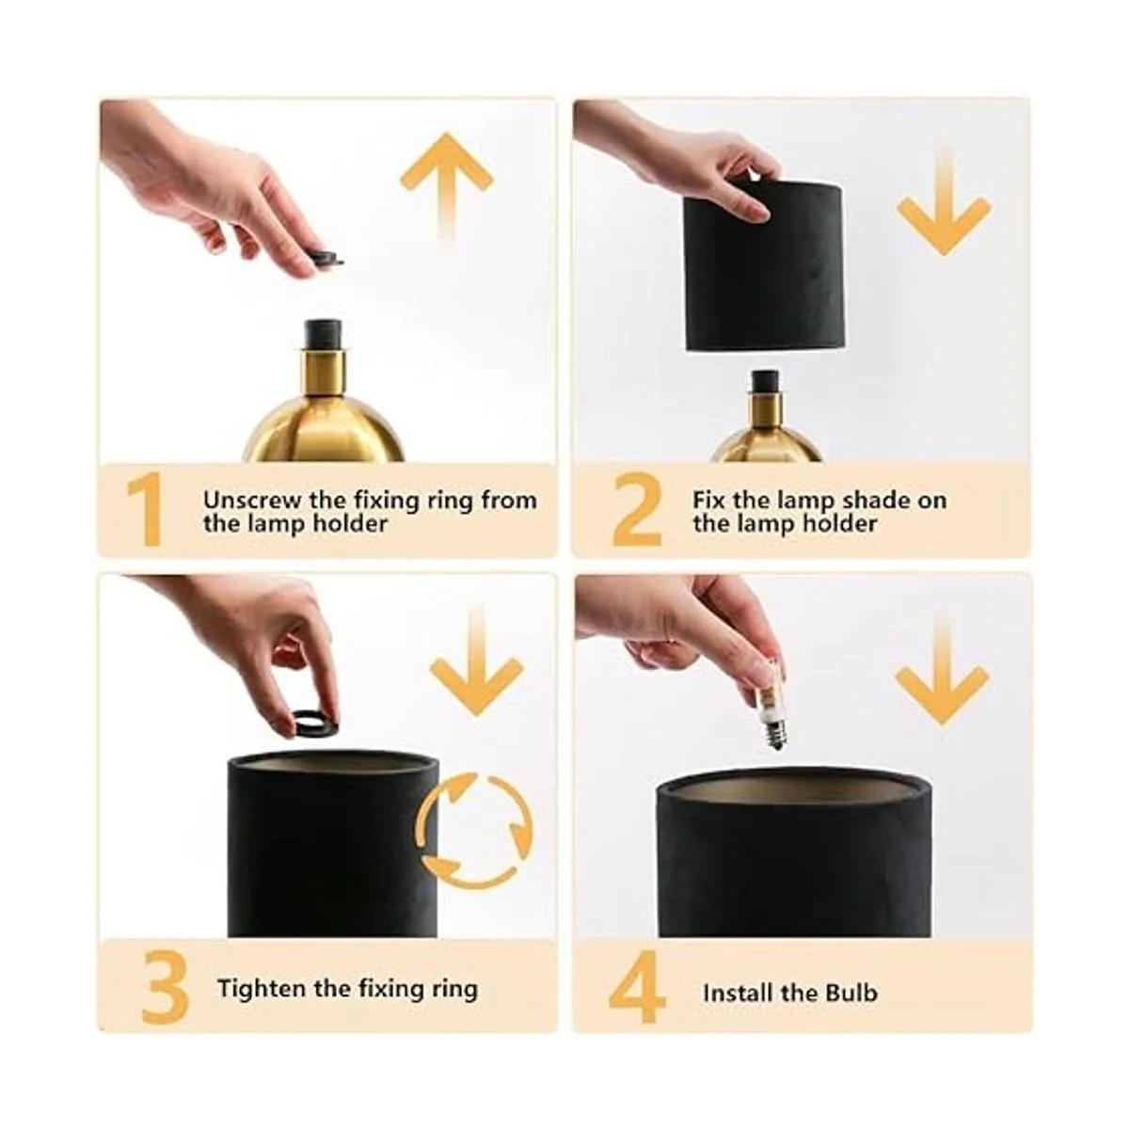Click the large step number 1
pos(144,509)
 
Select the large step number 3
pos(165,987)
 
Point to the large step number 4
pos(637,988)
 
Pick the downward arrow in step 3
pos(476,662)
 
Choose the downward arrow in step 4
pos(942,674)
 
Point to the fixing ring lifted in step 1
pos(326,259)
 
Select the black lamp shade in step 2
pos(763,265)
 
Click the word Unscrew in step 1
pos(253,500)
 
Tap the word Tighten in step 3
pos(262,989)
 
